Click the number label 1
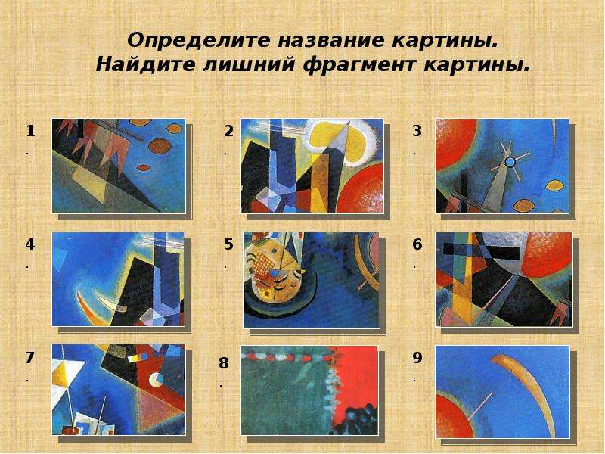tap(30, 131)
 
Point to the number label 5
tap(228, 244)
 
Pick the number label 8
tap(224, 363)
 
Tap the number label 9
tap(417, 358)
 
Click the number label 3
tap(417, 131)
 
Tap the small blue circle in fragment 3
tap(510, 162)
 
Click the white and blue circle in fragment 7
tap(156, 381)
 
